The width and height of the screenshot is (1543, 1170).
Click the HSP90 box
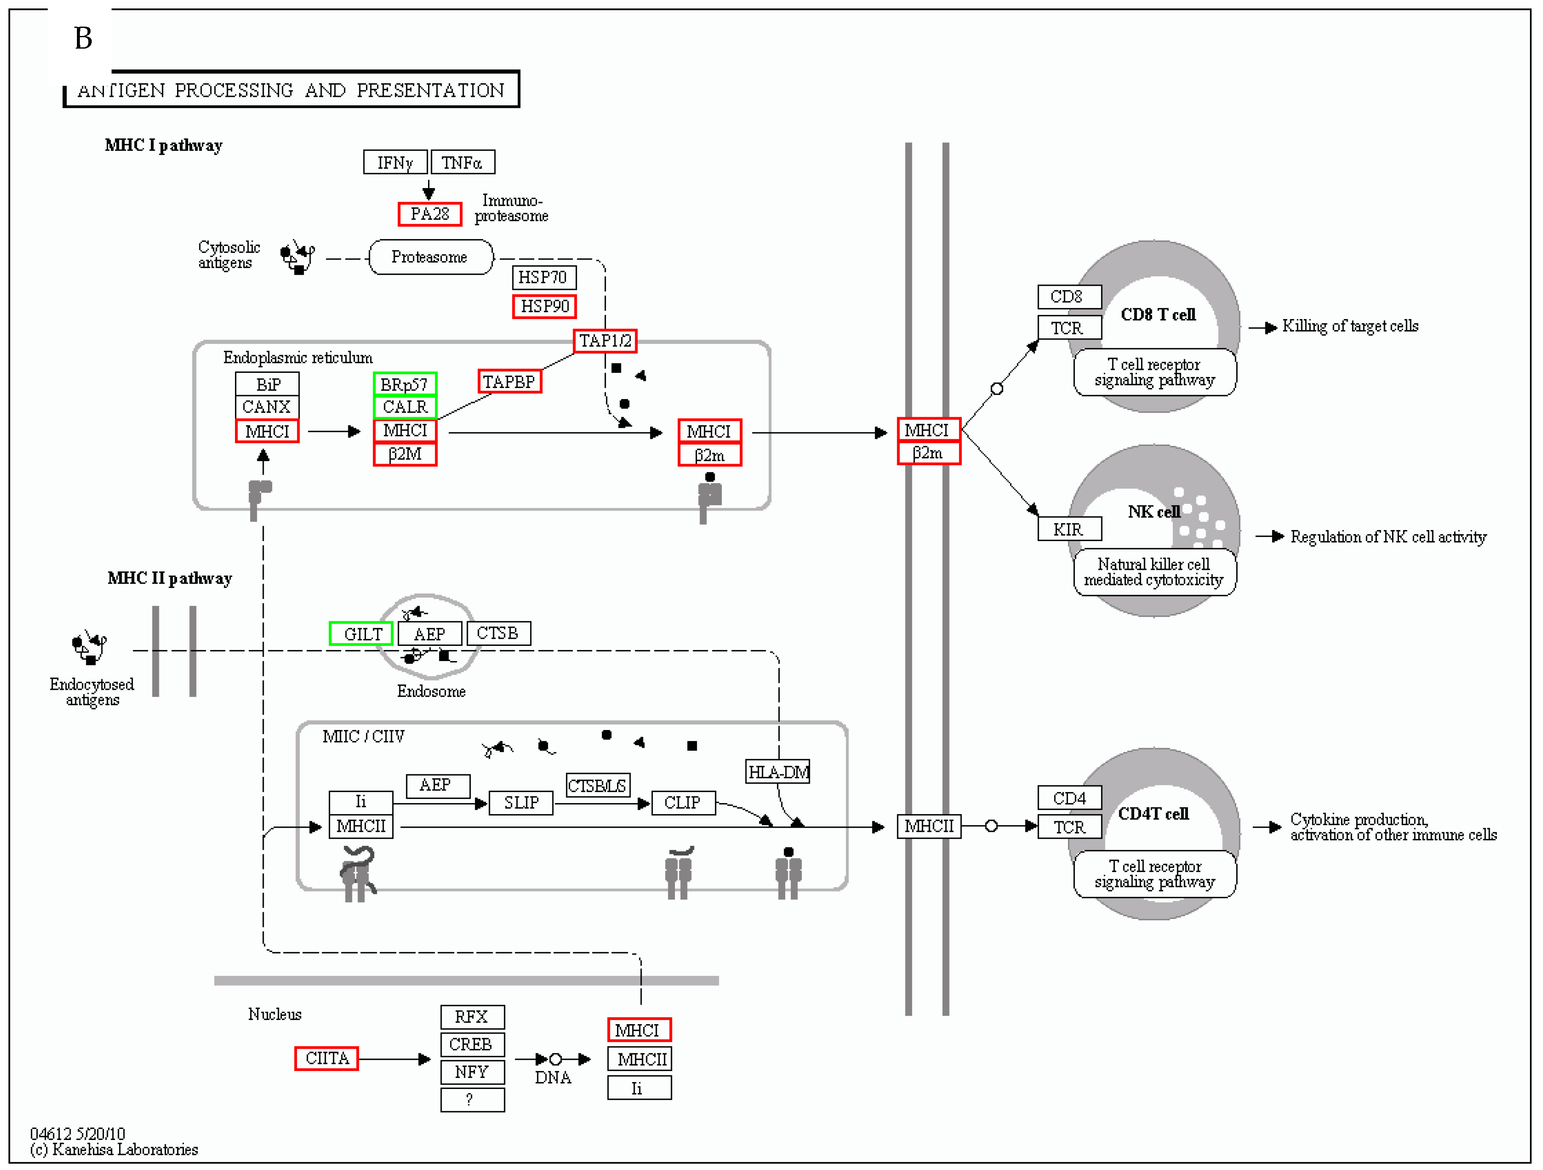544,306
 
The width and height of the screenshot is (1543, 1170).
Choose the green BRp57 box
404,384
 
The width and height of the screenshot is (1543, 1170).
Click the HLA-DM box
778,772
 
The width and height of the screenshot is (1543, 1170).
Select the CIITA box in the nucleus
326,1058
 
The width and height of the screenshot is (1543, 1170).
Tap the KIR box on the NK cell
1069,529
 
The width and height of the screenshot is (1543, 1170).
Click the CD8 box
1069,296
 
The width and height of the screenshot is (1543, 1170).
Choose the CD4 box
1069,798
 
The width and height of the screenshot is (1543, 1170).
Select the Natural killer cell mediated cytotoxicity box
1155,572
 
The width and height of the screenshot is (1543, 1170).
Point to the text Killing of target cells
1350,326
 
